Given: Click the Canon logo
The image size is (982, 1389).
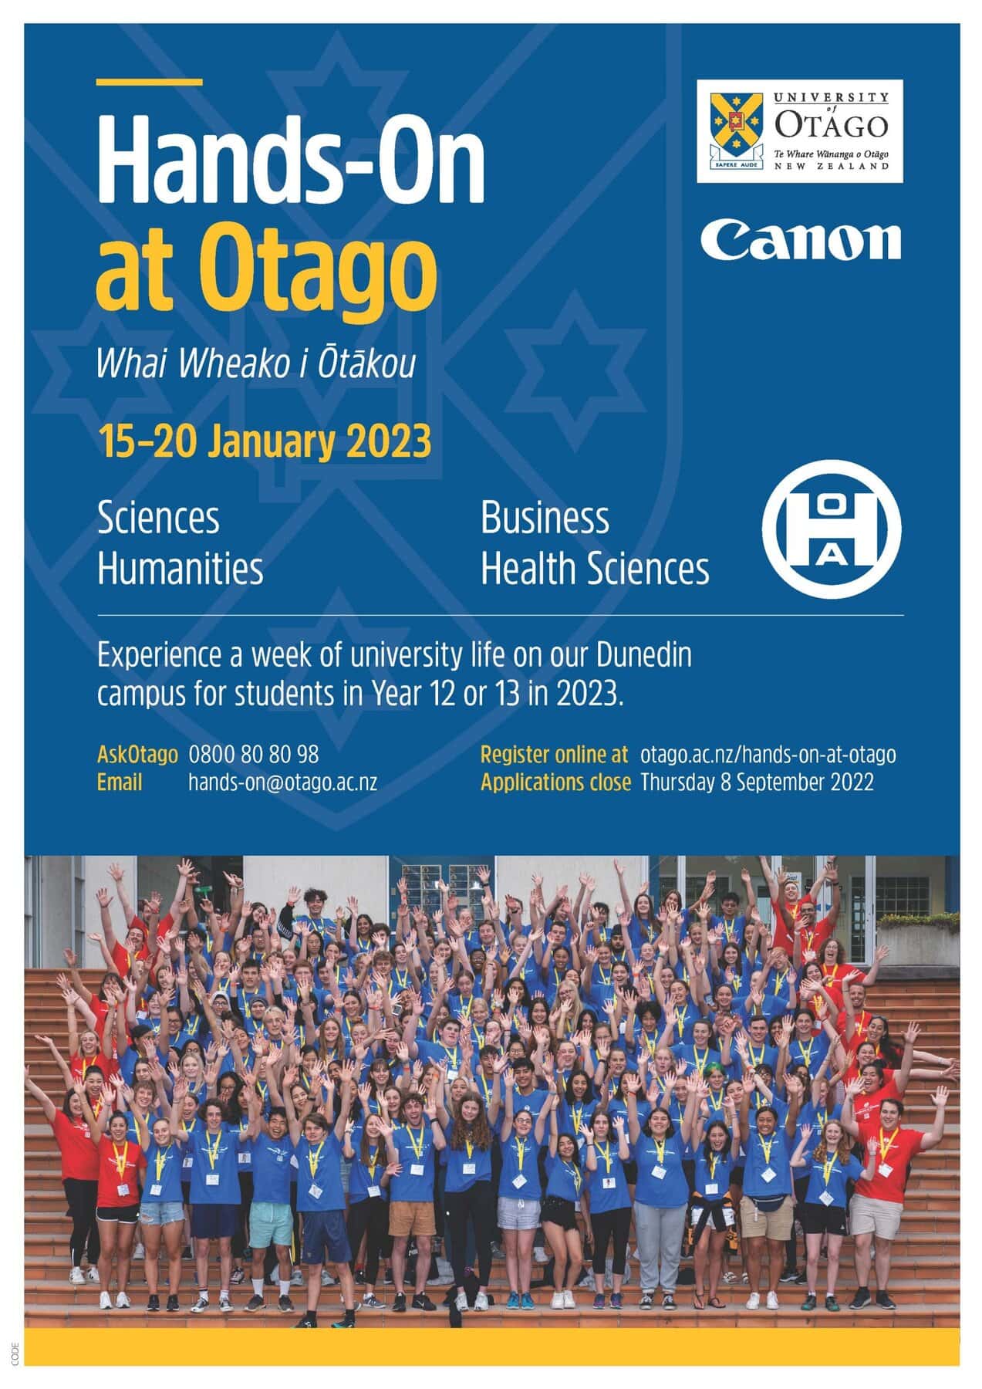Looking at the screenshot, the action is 801,240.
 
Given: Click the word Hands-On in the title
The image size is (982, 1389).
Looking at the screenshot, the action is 291,159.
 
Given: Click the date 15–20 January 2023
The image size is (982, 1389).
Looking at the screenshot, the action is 264,441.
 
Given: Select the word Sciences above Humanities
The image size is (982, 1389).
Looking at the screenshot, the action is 158,518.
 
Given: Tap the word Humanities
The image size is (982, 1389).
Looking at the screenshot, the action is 180,569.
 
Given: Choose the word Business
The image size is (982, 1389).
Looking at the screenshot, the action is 545,518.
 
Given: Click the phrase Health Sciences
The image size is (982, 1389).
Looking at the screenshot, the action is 595,569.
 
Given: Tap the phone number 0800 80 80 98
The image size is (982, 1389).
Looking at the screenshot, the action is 254,754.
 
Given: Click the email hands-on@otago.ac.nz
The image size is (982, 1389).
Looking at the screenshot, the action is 283,782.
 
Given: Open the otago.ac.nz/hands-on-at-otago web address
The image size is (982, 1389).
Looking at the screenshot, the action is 768,754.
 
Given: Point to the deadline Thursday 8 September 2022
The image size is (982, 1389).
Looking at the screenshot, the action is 757,782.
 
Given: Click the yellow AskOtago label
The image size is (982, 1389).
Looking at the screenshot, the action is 137,754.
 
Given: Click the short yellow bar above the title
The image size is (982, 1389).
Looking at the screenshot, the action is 150,81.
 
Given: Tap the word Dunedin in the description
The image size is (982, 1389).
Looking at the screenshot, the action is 643,656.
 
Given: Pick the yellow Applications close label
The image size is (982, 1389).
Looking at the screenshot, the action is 555,782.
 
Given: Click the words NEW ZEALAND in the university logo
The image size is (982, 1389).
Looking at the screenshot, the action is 831,166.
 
